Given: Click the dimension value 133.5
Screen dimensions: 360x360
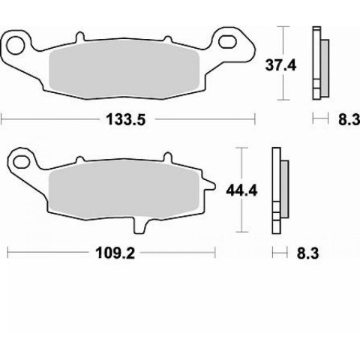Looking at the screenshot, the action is point(126,120).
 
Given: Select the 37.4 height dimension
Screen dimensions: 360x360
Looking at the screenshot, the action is point(280,65).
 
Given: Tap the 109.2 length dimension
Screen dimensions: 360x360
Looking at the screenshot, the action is point(115,253).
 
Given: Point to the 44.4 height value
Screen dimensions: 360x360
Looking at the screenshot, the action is point(241,190).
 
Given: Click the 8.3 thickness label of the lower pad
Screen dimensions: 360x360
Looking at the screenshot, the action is point(307,253).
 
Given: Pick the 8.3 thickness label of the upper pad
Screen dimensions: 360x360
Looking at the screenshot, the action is point(349,120).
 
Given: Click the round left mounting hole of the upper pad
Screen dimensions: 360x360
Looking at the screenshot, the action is point(16,46).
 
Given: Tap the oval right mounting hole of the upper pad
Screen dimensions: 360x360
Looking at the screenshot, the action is point(227,42).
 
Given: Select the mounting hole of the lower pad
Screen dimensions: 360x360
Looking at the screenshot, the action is point(22,161).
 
